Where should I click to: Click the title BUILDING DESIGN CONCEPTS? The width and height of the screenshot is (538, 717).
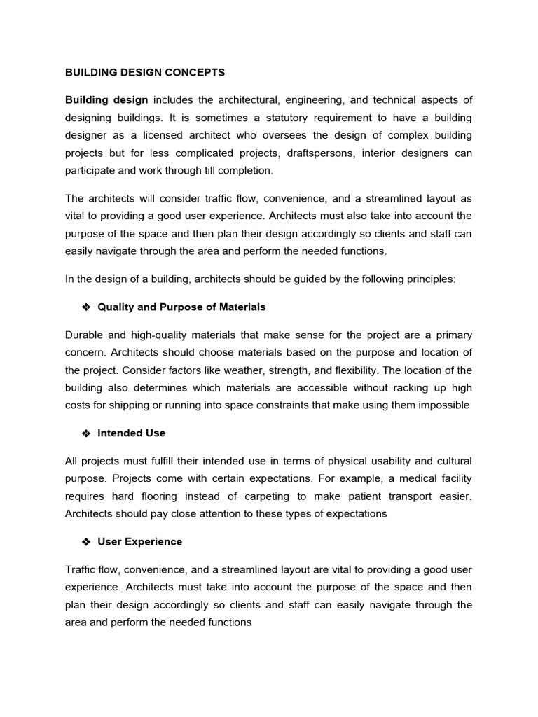pyautogui.click(x=145, y=72)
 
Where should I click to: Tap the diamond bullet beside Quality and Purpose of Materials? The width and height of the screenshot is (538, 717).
pyautogui.click(x=87, y=307)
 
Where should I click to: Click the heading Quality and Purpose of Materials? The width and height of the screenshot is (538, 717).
pyautogui.click(x=181, y=307)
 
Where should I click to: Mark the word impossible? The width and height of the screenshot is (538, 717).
pyautogui.click(x=442, y=405)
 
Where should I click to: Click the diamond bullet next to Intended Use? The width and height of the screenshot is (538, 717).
pyautogui.click(x=87, y=433)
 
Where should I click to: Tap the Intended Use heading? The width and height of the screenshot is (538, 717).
pyautogui.click(x=132, y=433)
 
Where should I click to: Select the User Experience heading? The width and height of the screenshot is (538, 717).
pyautogui.click(x=139, y=541)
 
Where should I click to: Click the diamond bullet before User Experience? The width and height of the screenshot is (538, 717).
pyautogui.click(x=87, y=541)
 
